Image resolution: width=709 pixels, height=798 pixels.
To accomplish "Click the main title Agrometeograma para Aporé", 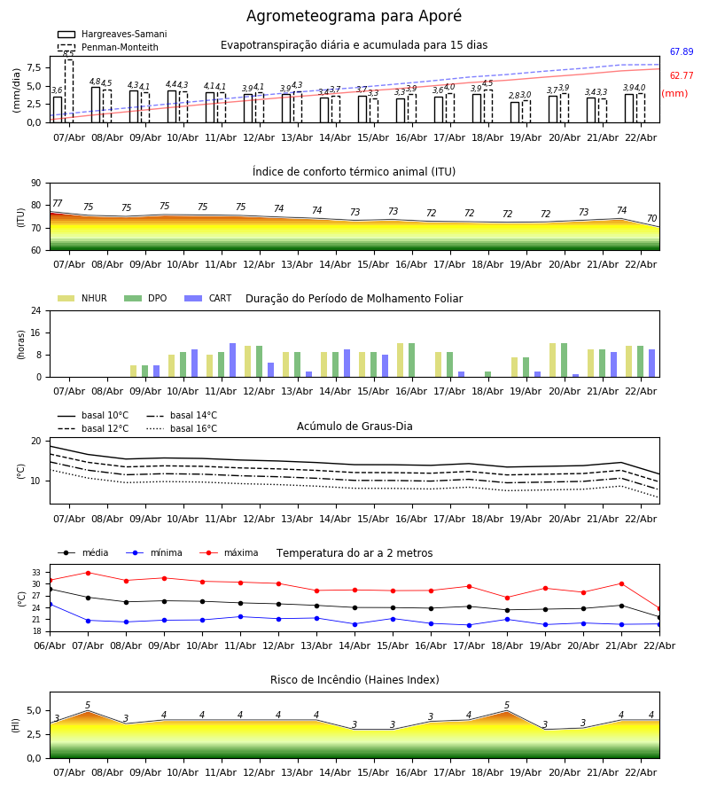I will (354, 17).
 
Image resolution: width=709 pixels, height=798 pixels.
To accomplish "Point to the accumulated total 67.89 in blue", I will (681, 53).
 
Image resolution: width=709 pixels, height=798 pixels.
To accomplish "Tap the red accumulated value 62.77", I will (681, 76).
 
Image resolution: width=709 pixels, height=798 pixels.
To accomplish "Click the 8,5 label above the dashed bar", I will (68, 54).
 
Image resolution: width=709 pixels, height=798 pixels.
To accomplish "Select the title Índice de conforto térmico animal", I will (354, 172).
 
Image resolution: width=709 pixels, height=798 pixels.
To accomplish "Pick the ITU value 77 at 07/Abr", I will (58, 204).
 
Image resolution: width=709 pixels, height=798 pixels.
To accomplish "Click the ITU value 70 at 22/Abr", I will (651, 219).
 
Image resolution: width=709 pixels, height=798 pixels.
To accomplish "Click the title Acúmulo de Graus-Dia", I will (354, 426).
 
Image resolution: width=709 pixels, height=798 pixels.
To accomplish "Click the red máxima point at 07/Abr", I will (88, 573).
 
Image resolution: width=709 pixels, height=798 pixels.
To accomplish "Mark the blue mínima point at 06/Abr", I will (50, 605).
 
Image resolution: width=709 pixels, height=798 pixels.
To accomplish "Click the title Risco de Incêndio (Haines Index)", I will (354, 680).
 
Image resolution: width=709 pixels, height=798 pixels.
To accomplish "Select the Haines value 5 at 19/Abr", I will (507, 706).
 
